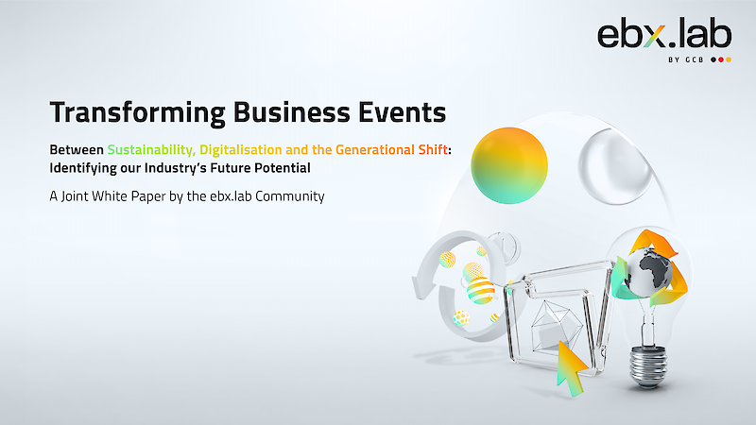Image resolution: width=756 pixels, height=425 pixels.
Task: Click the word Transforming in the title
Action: [137, 112]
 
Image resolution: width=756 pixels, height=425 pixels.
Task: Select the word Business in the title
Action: [292, 111]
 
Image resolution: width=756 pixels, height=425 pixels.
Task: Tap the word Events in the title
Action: [403, 111]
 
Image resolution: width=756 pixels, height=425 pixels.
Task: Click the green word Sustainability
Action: [151, 150]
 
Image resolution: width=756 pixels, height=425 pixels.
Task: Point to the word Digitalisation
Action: [241, 150]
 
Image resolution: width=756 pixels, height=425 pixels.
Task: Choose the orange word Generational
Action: [375, 150]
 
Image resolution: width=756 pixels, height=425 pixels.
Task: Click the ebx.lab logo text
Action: [664, 34]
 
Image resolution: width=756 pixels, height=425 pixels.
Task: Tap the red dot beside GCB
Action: [721, 59]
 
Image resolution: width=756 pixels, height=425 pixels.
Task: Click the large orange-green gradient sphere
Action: [509, 165]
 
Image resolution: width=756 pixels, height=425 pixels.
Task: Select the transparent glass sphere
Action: [615, 167]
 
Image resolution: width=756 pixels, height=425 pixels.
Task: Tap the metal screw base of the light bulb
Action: [648, 367]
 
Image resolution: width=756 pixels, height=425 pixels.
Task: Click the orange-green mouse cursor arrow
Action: [571, 368]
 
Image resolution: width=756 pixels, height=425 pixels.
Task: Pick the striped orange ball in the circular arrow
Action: [480, 291]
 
